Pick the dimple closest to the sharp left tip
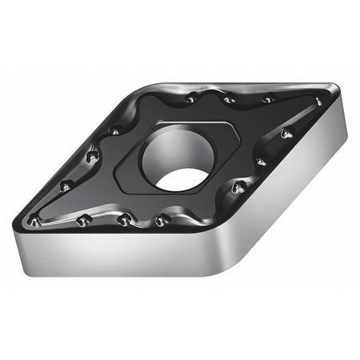34,218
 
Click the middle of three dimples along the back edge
229,100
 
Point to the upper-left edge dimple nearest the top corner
117,130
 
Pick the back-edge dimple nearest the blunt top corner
193,98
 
